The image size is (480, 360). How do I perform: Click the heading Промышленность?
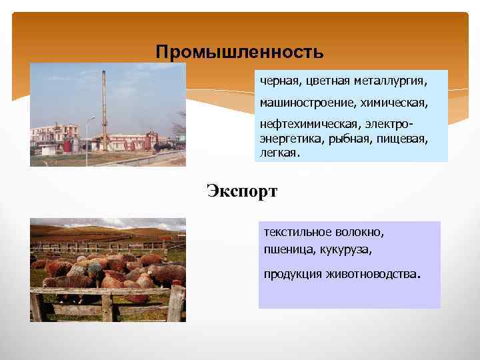point(239,51)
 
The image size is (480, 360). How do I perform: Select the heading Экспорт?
point(241,191)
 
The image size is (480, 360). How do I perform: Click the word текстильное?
point(296,233)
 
